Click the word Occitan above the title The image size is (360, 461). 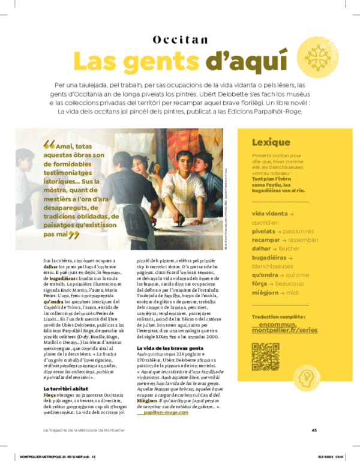[181, 40]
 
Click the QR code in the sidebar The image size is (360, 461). [265, 356]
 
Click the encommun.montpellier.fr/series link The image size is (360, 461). [281, 327]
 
